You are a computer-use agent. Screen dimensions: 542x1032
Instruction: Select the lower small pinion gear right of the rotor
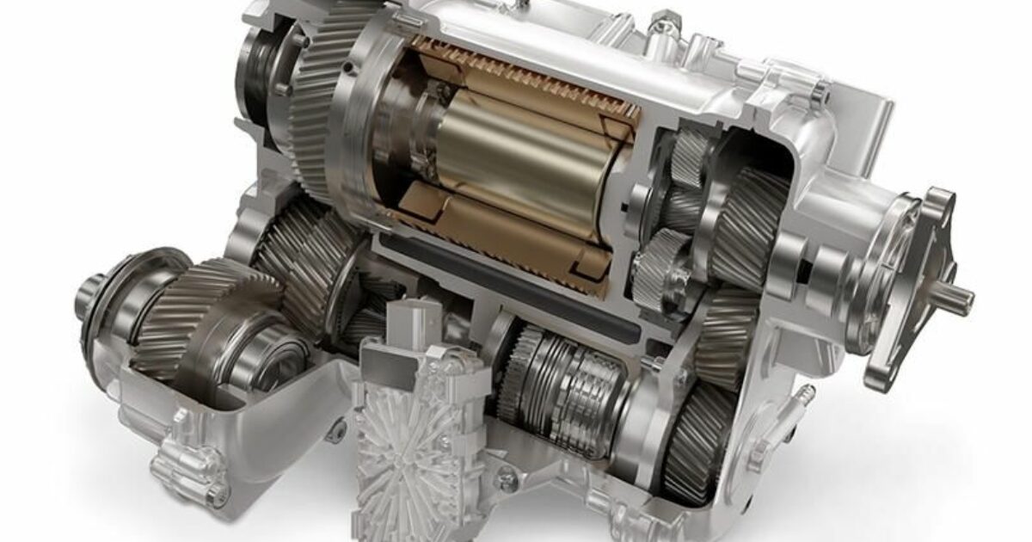658,262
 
